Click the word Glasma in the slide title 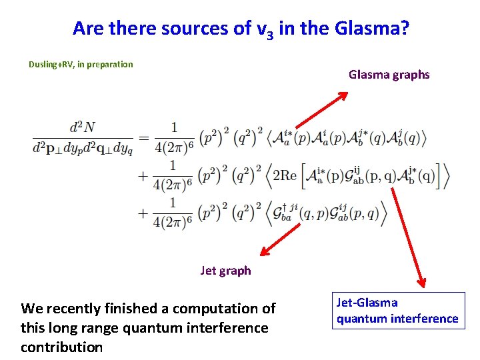[369, 29]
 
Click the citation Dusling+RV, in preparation [81, 65]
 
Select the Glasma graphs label [389, 75]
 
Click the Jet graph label [225, 270]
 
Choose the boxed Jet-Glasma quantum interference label [397, 311]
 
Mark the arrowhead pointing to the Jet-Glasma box [421, 281]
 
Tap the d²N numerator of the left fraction [82, 127]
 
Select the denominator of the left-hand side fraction [82, 148]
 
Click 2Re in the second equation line [283, 176]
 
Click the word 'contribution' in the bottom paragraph [61, 347]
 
